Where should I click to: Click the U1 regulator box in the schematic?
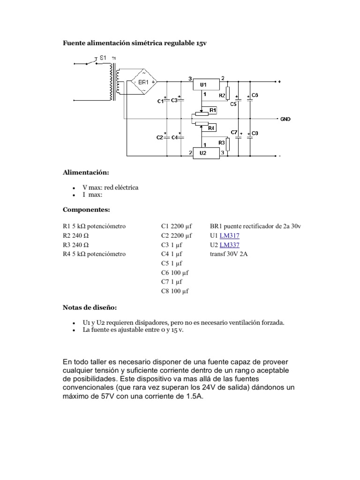tap(206, 85)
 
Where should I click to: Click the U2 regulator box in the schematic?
tap(206, 153)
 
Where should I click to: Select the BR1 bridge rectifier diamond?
tap(143, 83)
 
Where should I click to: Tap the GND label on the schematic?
tap(285, 119)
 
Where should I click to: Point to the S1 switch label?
tap(103, 58)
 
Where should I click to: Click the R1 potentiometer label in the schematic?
tap(213, 110)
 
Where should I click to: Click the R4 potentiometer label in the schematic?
tap(211, 127)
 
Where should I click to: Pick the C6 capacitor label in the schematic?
tap(255, 95)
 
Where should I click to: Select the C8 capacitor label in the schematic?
tap(255, 134)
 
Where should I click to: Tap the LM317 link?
tap(230, 235)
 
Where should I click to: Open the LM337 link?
tap(230, 245)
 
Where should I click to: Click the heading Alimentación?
tap(85, 172)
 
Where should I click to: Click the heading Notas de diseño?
tap(90, 307)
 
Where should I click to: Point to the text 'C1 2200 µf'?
tap(177, 226)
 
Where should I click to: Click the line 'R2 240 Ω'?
tap(76, 235)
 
